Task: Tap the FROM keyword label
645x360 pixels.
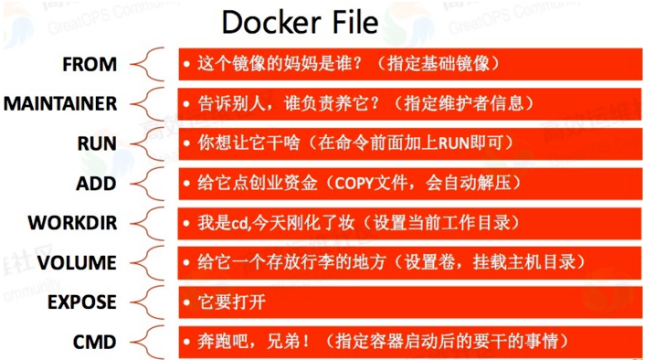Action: tap(90, 65)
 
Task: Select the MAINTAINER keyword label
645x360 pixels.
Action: tap(60, 104)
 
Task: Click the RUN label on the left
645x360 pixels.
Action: tap(97, 143)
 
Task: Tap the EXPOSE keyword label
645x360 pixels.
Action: tap(82, 302)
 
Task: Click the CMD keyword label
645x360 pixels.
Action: tap(95, 343)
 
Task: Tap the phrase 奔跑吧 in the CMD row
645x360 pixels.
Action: tap(220, 343)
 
